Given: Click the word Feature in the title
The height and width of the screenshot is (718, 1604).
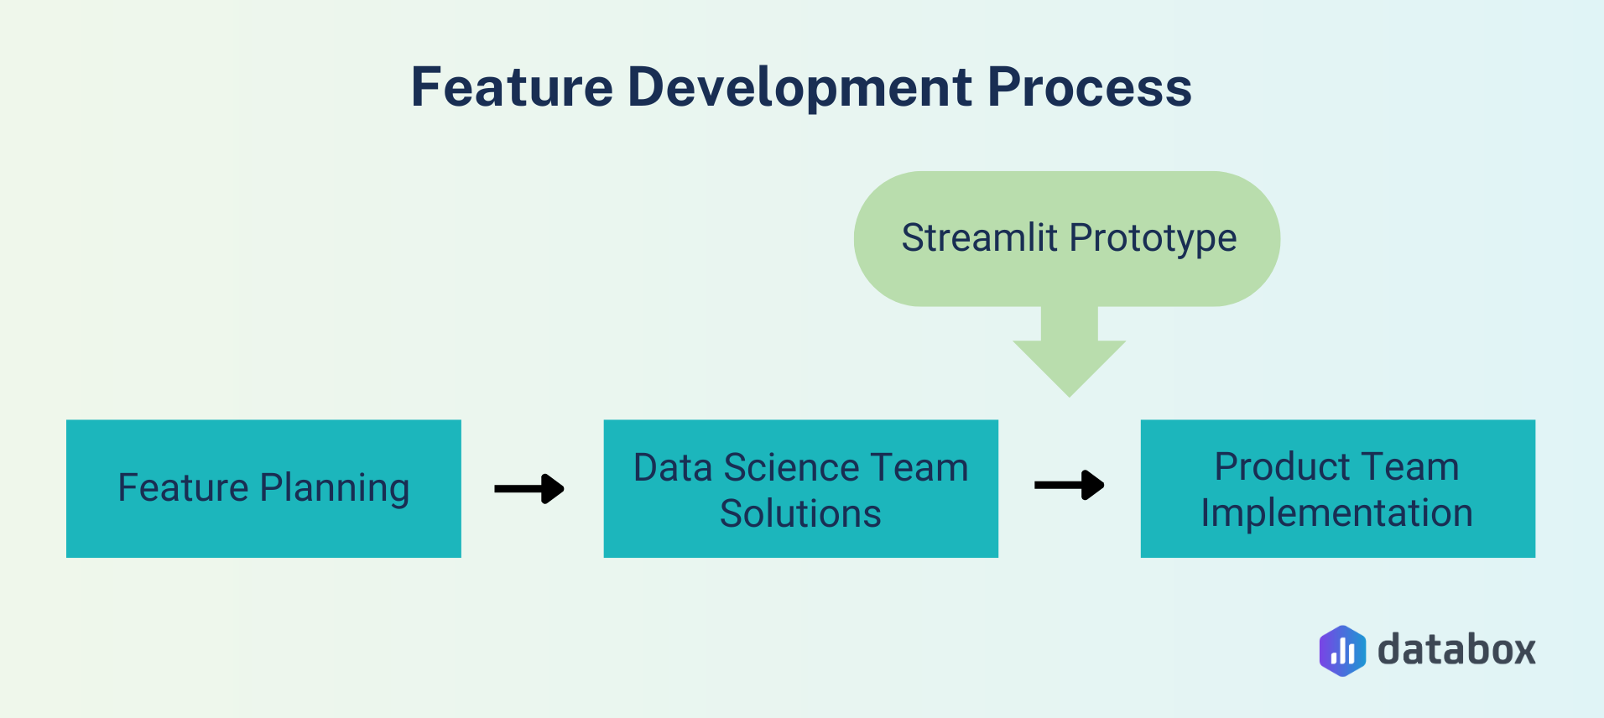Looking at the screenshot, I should [512, 87].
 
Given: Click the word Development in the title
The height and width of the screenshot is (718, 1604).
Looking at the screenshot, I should [799, 87].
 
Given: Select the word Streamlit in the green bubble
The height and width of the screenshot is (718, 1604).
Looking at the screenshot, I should [979, 238].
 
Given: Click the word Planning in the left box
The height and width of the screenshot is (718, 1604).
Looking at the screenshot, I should [334, 488].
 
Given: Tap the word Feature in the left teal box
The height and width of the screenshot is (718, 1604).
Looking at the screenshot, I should [183, 488].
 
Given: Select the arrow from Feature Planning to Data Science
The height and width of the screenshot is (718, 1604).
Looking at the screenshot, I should [529, 488].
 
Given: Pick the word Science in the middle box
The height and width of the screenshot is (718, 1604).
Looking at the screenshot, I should [791, 468].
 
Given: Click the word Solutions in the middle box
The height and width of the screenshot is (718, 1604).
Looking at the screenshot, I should [800, 513].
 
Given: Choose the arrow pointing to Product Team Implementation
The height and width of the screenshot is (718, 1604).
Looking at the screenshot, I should [1069, 485].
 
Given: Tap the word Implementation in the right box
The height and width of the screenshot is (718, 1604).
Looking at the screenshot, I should [1336, 513].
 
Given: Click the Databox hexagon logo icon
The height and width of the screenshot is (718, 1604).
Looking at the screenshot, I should [1341, 651].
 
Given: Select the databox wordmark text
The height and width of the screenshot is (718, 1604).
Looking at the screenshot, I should [1456, 651].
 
